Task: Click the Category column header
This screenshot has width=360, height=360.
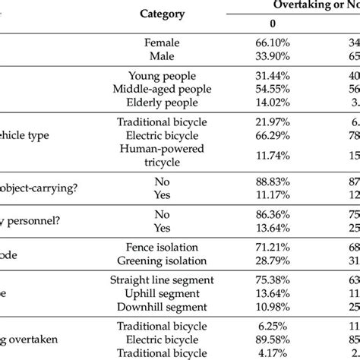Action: (x=172, y=14)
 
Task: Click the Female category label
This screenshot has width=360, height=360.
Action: (x=172, y=44)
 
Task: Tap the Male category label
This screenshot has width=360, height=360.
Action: (x=172, y=57)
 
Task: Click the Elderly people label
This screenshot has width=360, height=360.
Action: (x=172, y=103)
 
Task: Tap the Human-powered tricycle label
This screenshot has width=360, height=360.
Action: (x=172, y=156)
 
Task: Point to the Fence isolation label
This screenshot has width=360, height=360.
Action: (x=172, y=248)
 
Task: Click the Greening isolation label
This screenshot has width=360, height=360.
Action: (x=172, y=261)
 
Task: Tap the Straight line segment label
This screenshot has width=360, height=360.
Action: (x=172, y=280)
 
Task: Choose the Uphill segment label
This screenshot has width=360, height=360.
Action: (x=172, y=293)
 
